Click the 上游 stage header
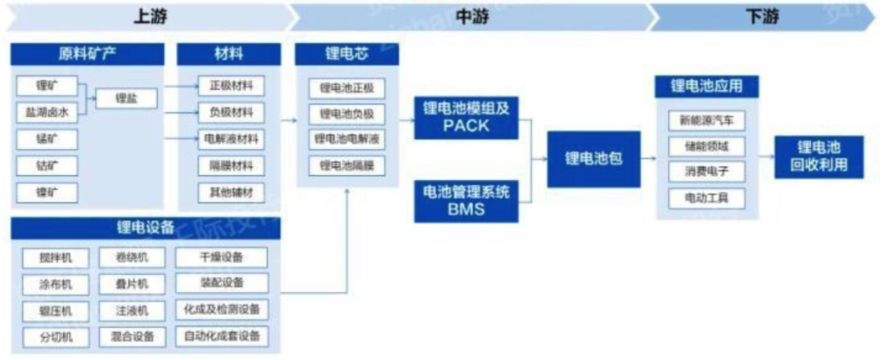pyautogui.click(x=151, y=17)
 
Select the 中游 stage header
pyautogui.click(x=467, y=17)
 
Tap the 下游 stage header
pyautogui.click(x=762, y=17)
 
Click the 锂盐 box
pyautogui.click(x=127, y=99)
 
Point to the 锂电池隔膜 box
pyautogui.click(x=347, y=166)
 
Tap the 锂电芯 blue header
pyautogui.click(x=347, y=56)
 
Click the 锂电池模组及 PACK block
pyautogui.click(x=466, y=116)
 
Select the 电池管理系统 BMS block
pyautogui.click(x=466, y=200)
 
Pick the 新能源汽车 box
pyautogui.click(x=706, y=120)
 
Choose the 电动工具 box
pyautogui.click(x=706, y=197)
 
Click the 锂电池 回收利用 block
pyautogui.click(x=819, y=157)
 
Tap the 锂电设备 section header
pyautogui.click(x=146, y=228)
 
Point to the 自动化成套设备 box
pyautogui.click(x=222, y=335)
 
